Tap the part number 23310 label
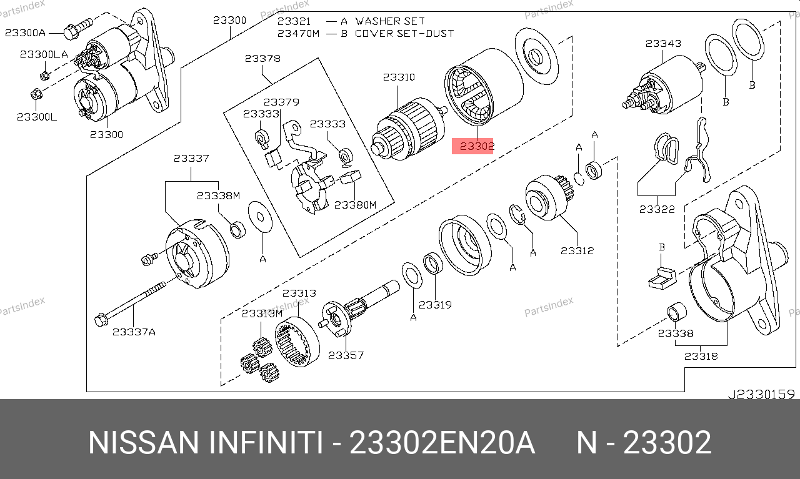(399, 77)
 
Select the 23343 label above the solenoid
(663, 44)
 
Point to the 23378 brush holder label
(262, 59)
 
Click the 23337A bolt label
(134, 332)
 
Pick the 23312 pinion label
(577, 251)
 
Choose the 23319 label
(435, 305)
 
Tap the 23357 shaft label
(346, 355)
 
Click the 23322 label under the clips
(657, 209)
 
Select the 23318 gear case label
(701, 356)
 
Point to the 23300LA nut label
(44, 54)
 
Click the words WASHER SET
(390, 21)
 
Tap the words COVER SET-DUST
(404, 34)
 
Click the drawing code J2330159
(761, 395)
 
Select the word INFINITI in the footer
(266, 443)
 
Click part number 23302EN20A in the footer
(442, 443)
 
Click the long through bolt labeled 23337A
(131, 301)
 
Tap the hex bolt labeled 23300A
(78, 28)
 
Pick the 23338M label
(219, 196)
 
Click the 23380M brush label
(356, 205)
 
